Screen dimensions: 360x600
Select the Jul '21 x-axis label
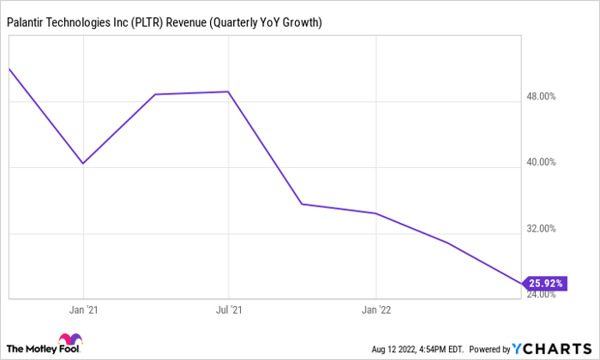pos(229,309)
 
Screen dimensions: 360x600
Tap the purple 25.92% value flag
pos(545,282)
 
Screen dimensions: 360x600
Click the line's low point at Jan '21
pos(83,163)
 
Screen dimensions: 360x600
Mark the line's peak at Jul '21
pos(228,92)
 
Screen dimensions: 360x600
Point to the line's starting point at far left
pos(9,69)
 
